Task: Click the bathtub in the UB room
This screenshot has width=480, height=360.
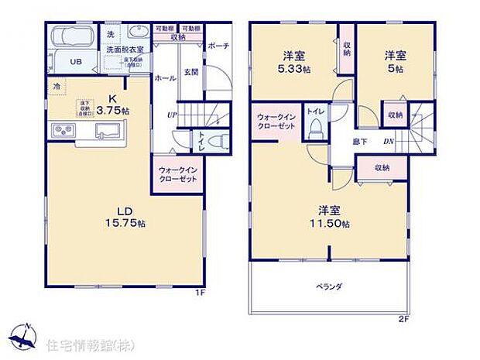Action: pyautogui.click(x=72, y=37)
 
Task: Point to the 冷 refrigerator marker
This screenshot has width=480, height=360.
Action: pyautogui.click(x=57, y=87)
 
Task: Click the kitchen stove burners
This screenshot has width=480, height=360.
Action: pyautogui.click(x=62, y=129)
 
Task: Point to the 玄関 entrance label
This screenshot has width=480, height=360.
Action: pyautogui.click(x=190, y=73)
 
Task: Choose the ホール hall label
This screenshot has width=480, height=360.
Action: pyautogui.click(x=164, y=78)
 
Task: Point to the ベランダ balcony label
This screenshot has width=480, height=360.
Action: pyautogui.click(x=328, y=286)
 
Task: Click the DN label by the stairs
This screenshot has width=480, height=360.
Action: pyautogui.click(x=391, y=141)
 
